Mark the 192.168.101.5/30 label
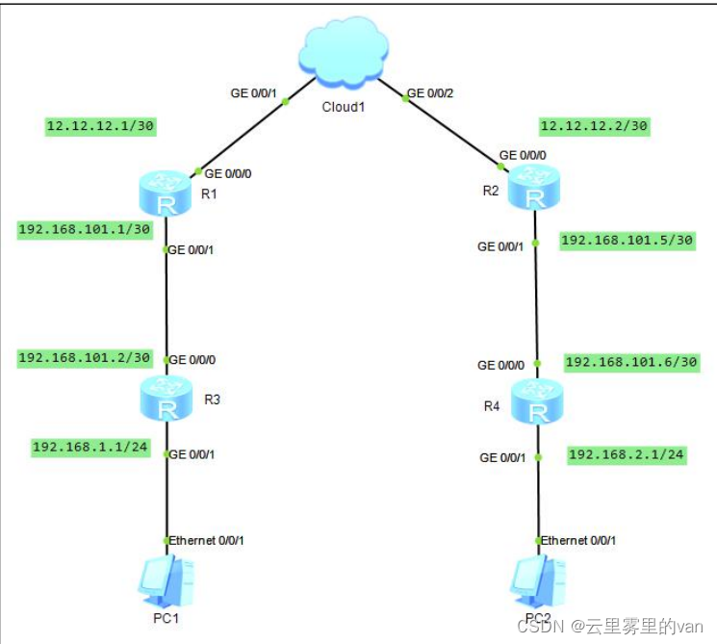click(x=627, y=240)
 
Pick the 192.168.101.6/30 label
click(x=631, y=362)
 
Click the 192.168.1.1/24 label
click(x=91, y=447)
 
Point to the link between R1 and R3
click(x=167, y=303)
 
